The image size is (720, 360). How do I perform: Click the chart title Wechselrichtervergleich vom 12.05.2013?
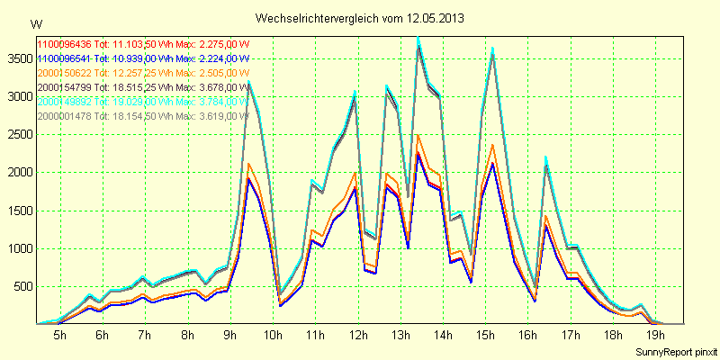click(360, 18)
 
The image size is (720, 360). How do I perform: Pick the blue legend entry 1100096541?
click(144, 58)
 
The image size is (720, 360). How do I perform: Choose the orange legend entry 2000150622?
click(144, 73)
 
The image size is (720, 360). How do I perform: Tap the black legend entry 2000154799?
click(144, 87)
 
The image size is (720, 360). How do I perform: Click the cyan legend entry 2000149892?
click(144, 102)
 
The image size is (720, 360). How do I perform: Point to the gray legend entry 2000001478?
click(144, 116)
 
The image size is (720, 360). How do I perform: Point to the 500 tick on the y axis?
click(22, 287)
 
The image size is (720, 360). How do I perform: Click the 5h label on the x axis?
click(60, 335)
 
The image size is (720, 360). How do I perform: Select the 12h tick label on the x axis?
click(358, 335)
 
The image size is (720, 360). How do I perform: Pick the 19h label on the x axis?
click(656, 335)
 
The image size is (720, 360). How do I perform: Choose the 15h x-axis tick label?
click(486, 335)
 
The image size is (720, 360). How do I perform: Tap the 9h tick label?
click(230, 335)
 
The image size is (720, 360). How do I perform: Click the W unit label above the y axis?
click(35, 23)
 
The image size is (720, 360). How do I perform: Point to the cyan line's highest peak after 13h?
click(418, 38)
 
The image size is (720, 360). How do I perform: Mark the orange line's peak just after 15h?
click(492, 145)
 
